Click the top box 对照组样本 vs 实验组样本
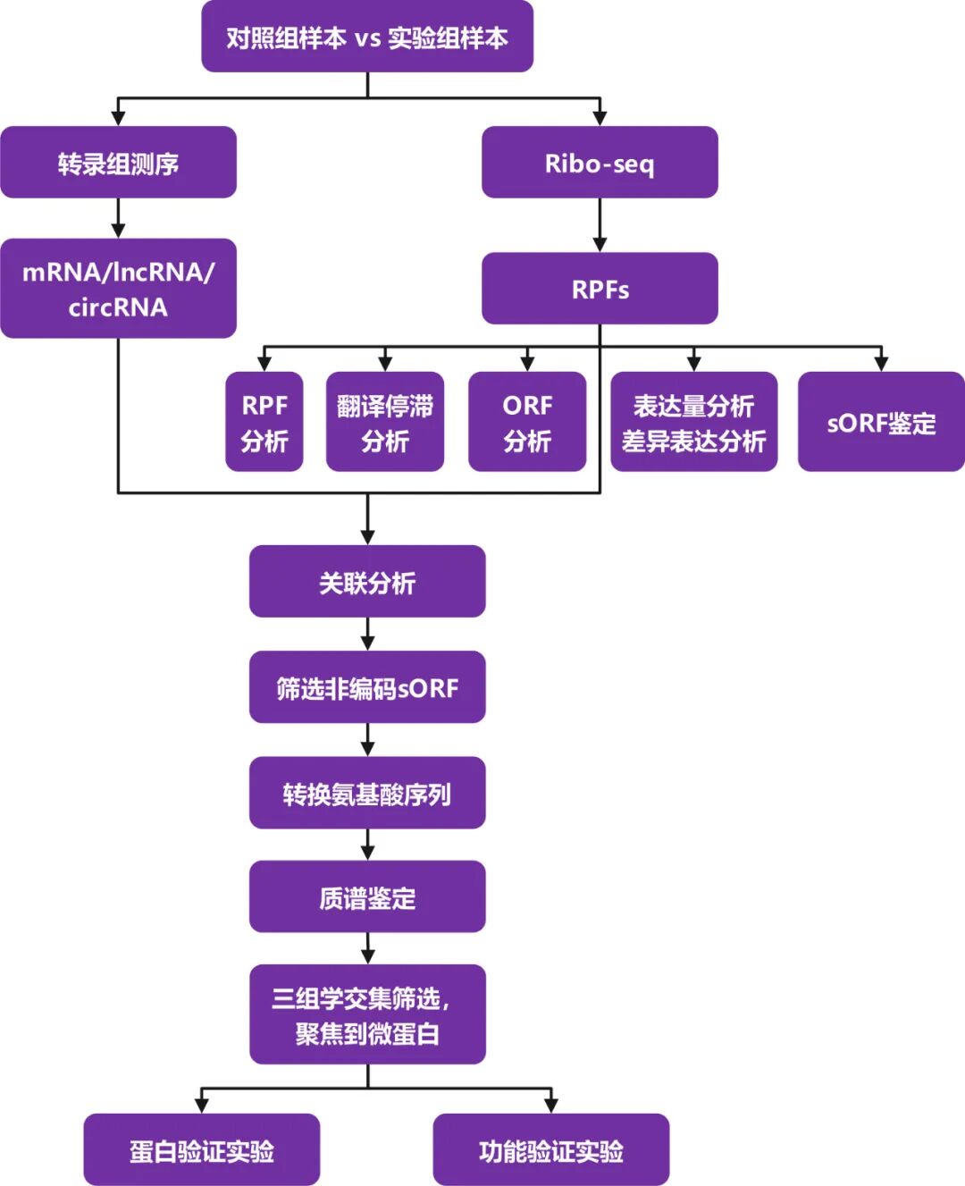pos(367,38)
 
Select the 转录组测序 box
pos(118,163)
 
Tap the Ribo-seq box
pos(600,163)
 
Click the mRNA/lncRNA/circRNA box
pos(118,289)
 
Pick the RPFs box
pos(600,289)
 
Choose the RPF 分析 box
pos(264,422)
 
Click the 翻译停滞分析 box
pos(385,422)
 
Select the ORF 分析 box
pos(527,422)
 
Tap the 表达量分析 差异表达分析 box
pos(694,422)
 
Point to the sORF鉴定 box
pos(881,422)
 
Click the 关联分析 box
pos(367,582)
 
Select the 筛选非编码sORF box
pos(367,687)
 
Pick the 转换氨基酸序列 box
pos(367,793)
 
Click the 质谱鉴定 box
pos(367,897)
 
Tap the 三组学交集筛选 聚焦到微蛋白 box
pos(367,1014)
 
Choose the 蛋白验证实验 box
pos(202,1150)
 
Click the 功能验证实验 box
pos(551,1150)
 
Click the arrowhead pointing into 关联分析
pos(367,536)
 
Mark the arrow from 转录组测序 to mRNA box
pos(118,217)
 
